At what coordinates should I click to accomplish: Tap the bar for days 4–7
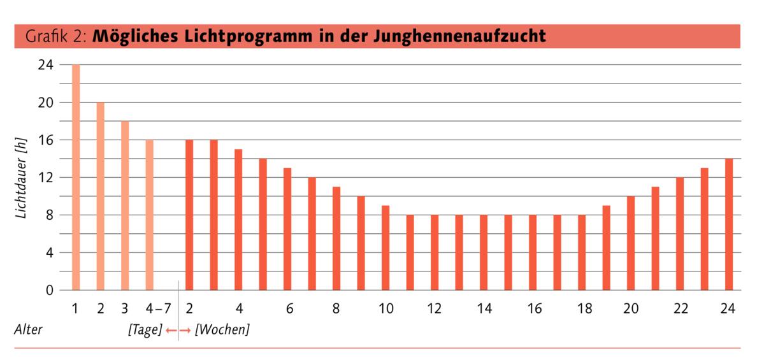[149, 215]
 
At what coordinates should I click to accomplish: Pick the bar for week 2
[189, 215]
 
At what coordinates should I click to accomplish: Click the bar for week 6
[287, 229]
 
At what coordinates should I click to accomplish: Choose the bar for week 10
[386, 248]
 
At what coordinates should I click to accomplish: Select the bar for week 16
[533, 252]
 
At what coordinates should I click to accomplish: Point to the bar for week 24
[729, 224]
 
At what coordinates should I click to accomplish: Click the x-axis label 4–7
[158, 309]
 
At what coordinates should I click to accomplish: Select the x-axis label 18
[584, 309]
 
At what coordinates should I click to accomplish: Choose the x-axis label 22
[681, 309]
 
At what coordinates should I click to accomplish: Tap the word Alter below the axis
[27, 331]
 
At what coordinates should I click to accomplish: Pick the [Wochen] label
[222, 331]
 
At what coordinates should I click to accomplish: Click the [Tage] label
[145, 331]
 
